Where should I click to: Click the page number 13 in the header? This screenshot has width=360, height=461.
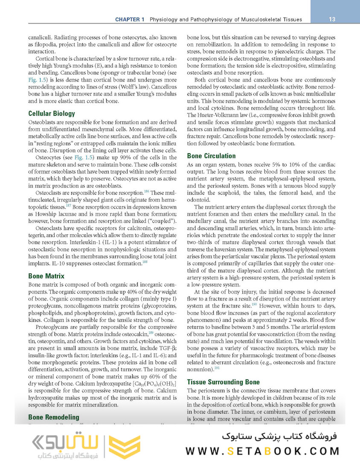(x=332, y=19)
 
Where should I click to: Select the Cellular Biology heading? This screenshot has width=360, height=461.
(x=52, y=114)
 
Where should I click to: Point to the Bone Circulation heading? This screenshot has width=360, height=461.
(x=211, y=156)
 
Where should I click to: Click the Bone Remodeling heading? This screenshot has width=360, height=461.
(x=54, y=417)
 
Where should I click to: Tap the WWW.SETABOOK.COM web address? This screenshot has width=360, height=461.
(x=262, y=451)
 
